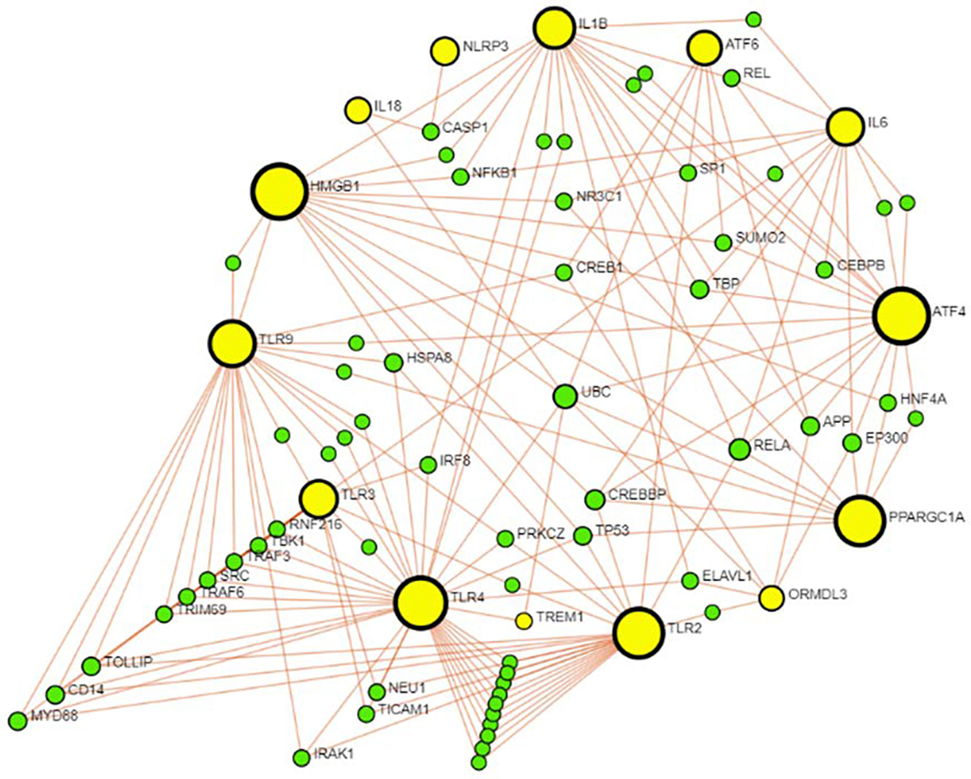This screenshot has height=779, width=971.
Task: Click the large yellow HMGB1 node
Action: coord(279,191)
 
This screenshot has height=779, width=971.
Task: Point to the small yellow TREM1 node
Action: coord(524,620)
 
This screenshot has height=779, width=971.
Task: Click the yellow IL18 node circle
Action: coord(358,110)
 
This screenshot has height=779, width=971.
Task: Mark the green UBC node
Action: coord(564,396)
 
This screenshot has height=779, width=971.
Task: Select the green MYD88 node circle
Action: coord(18,721)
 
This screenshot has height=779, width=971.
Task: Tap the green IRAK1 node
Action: coord(301,758)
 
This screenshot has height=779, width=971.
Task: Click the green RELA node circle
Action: coord(740,449)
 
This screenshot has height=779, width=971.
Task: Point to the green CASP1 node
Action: coord(431,132)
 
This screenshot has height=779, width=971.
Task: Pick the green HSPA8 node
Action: coord(393,361)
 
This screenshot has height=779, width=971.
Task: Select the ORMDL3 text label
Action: coord(817,594)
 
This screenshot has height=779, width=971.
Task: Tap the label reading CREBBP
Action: coord(636,495)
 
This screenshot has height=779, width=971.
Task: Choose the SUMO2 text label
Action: coord(760,238)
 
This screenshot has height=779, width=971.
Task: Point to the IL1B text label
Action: coord(593,24)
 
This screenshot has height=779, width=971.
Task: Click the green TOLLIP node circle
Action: coord(91,666)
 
